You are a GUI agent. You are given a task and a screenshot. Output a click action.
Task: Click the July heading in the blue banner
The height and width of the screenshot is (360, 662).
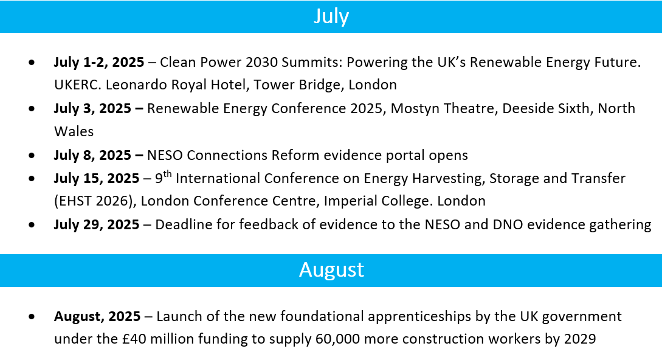pyautogui.click(x=331, y=16)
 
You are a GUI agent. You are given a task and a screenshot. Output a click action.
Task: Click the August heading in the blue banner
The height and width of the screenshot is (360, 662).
pyautogui.click(x=331, y=269)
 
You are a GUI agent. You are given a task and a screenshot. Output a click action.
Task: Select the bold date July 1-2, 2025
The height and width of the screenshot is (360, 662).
pyautogui.click(x=99, y=62)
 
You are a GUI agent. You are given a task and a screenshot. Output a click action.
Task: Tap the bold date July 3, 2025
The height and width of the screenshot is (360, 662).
pyautogui.click(x=92, y=109)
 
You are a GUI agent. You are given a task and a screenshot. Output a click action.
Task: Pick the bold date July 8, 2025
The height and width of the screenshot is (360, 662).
pyautogui.click(x=92, y=155)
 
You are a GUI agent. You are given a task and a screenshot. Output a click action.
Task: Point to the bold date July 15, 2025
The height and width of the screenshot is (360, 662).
pyautogui.click(x=96, y=178)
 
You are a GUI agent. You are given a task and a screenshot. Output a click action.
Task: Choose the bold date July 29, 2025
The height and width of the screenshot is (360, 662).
pyautogui.click(x=96, y=224)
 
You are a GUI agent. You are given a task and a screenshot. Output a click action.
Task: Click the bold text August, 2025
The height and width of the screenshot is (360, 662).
pyautogui.click(x=97, y=316)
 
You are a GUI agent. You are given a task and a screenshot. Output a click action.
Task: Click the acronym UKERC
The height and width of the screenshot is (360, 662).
pyautogui.click(x=78, y=85)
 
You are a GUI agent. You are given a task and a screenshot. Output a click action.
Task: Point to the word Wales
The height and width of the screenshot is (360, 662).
pyautogui.click(x=74, y=131)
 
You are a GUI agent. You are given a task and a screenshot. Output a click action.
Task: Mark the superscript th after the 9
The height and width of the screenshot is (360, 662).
pyautogui.click(x=167, y=174)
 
